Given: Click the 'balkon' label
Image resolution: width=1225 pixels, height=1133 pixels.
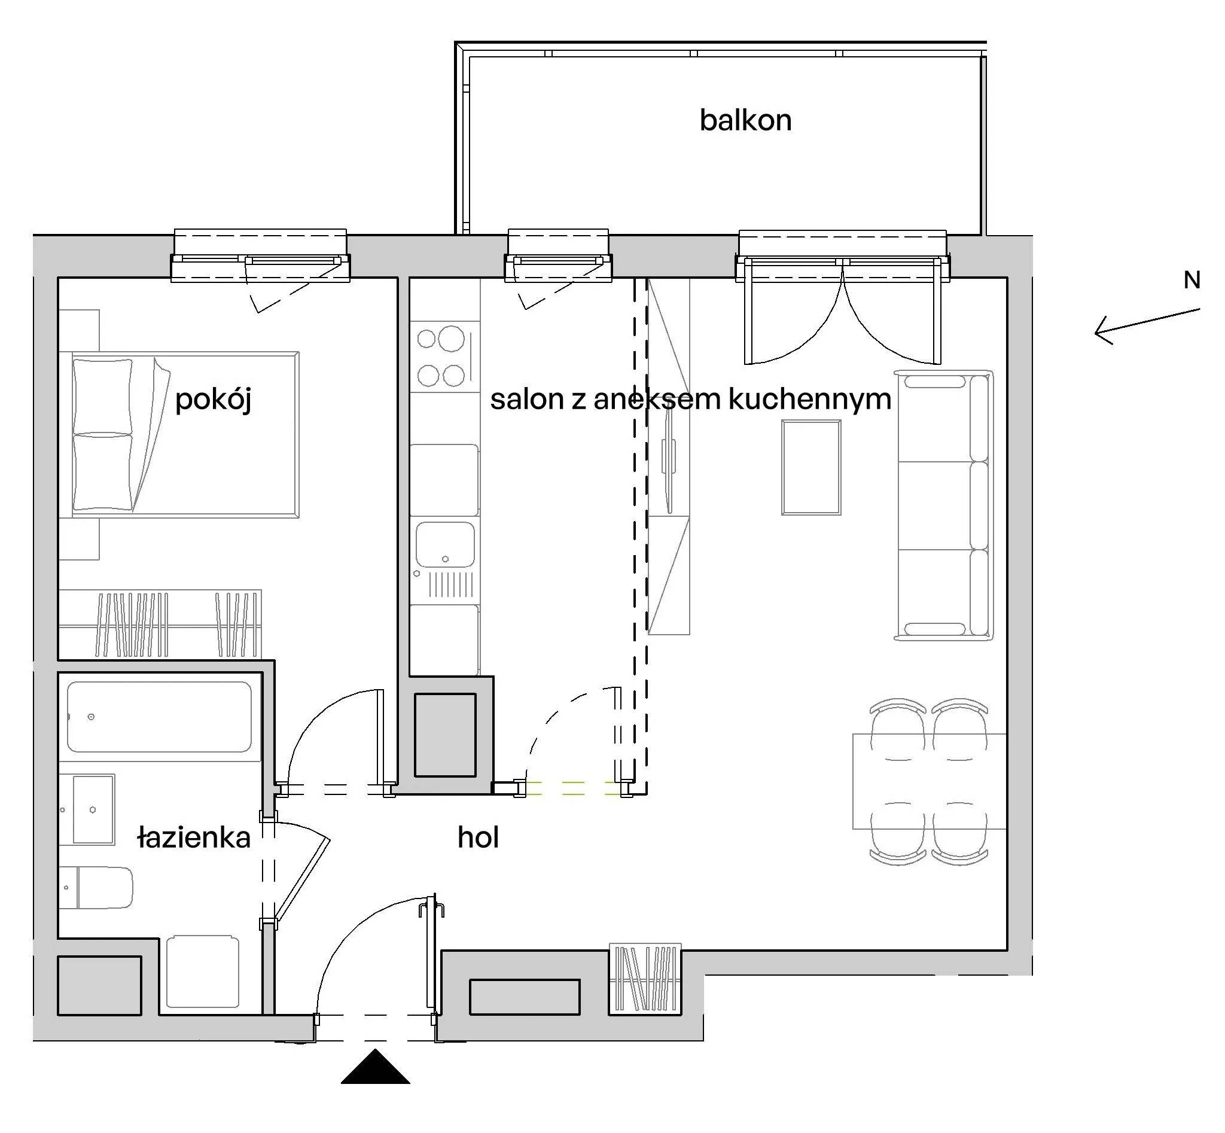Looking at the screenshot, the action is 745,120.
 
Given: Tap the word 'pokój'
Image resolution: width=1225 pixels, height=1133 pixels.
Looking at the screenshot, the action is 214,400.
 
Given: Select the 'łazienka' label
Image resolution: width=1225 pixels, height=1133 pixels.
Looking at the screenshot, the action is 194,837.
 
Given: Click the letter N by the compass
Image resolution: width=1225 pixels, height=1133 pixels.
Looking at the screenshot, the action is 1192,280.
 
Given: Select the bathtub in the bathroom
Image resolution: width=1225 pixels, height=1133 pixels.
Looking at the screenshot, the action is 159,716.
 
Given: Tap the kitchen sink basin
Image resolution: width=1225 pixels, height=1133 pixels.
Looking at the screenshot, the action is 445,544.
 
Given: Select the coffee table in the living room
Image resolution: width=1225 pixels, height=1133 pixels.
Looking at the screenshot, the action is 810,467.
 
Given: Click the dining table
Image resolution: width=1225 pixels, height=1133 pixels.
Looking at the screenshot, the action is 929,781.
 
